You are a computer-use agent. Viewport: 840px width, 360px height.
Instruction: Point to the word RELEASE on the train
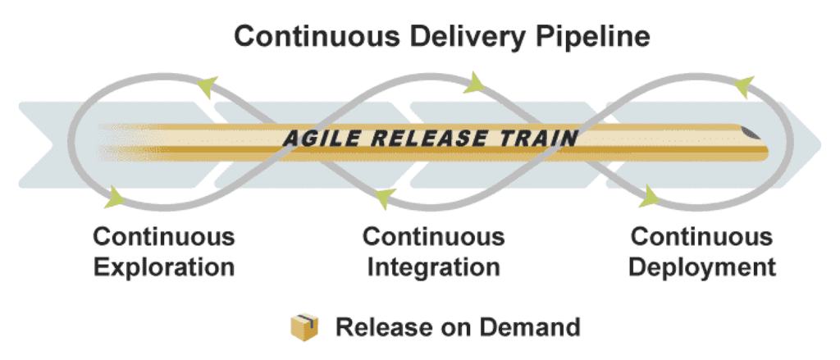[x=429, y=137]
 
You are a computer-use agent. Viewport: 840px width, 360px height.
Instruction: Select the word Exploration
[x=164, y=267]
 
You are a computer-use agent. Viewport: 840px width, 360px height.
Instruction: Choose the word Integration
[x=433, y=267]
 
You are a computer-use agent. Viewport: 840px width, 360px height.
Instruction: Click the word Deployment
[x=701, y=267]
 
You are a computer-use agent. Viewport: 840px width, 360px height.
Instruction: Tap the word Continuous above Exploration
[x=164, y=238]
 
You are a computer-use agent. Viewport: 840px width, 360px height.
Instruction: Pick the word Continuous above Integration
[x=433, y=238]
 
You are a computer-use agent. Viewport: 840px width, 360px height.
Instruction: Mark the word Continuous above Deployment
[x=701, y=238]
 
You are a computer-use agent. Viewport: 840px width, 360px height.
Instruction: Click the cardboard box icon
[x=304, y=327]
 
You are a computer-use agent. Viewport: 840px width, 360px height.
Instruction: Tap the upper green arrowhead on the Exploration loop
[x=208, y=84]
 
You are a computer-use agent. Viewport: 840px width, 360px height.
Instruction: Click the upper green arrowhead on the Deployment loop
[x=742, y=84]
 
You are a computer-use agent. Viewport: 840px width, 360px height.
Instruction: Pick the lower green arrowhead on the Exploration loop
[x=114, y=197]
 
